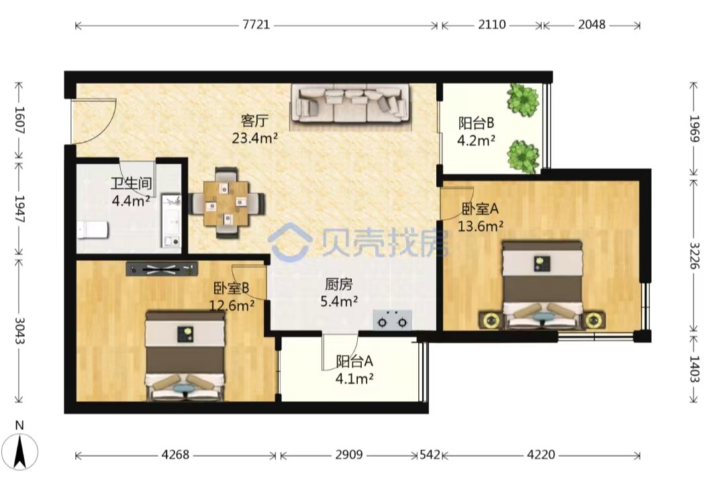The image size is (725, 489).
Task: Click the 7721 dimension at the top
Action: (x=256, y=25)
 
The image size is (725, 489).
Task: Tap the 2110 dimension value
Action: (x=491, y=25)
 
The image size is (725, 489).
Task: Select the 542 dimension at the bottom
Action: (x=430, y=455)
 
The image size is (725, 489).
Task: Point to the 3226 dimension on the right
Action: (x=693, y=256)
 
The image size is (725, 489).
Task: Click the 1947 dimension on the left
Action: (x=19, y=209)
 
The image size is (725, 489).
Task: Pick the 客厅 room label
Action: (x=254, y=121)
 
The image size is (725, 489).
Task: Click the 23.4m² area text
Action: (x=255, y=138)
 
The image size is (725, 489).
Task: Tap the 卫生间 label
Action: (x=132, y=183)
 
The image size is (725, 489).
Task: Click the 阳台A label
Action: (x=354, y=361)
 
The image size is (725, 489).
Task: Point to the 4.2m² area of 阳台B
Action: (x=476, y=140)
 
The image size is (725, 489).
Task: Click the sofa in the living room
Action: (x=349, y=103)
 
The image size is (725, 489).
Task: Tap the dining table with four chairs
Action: (x=227, y=203)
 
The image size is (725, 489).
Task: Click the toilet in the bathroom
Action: (x=93, y=229)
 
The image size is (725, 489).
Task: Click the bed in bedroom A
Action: (x=542, y=284)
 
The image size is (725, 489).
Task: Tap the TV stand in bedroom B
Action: (x=162, y=269)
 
